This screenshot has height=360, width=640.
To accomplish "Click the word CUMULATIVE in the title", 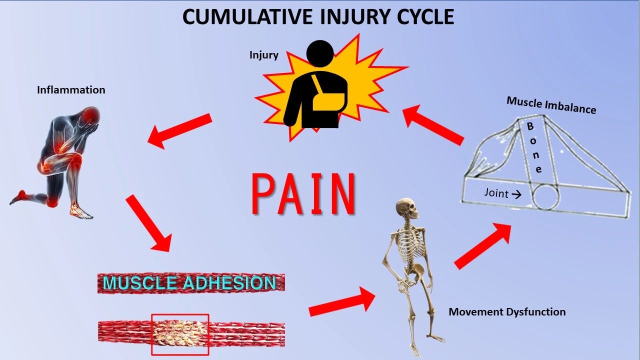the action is click(247, 16).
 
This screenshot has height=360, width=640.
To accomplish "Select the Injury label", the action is click(263, 55).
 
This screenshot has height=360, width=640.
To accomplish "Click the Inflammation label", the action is click(71, 90).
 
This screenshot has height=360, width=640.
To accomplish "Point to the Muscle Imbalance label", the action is click(551, 105).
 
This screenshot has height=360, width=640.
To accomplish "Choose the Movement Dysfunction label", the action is click(507, 311).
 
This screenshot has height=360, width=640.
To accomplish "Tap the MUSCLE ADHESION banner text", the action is click(189, 282).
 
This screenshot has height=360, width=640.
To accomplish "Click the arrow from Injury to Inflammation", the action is click(180, 131).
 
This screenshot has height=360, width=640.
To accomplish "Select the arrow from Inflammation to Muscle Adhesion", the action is click(149, 223).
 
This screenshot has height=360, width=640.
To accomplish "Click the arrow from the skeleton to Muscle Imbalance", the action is click(482, 246).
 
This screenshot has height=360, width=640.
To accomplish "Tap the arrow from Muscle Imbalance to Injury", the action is click(433, 125).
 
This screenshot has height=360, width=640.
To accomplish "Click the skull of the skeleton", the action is click(406, 208).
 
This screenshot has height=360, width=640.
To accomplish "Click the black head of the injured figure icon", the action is click(320, 53).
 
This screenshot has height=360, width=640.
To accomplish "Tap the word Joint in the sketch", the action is click(496, 193).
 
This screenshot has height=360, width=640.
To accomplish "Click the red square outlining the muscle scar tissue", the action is click(151, 334).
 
